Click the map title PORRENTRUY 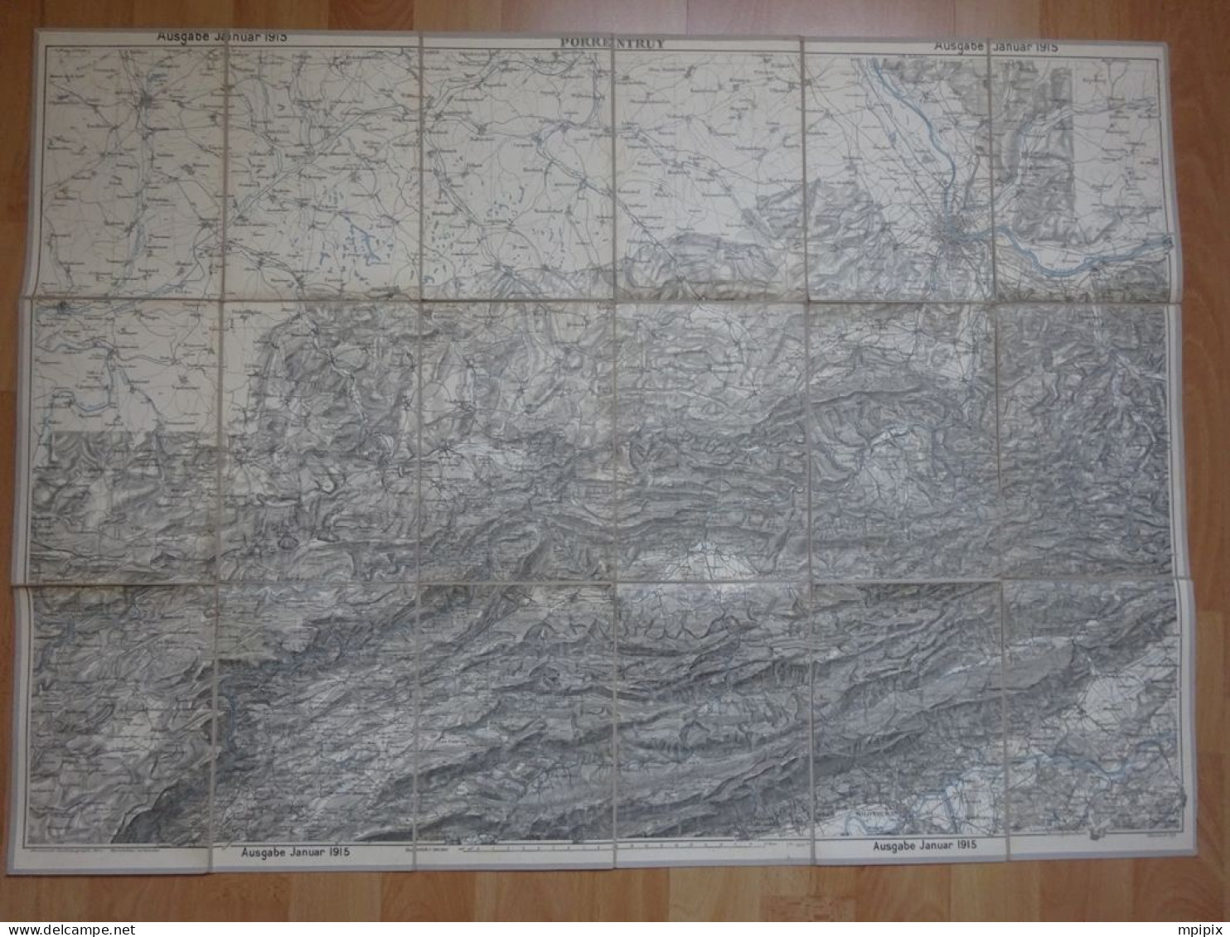(612, 43)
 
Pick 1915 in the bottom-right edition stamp (962, 845)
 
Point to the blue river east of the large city (1077, 257)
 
